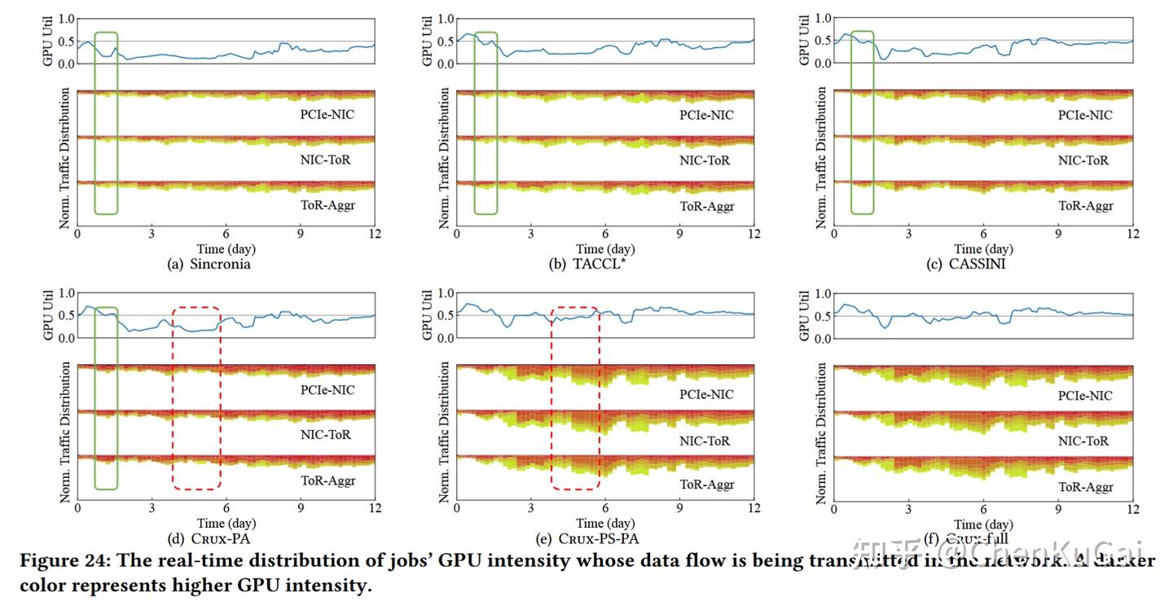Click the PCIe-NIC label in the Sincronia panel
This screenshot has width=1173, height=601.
(327, 115)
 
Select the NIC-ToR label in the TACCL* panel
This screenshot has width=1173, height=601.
(705, 160)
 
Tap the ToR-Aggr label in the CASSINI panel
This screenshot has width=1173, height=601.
(1085, 206)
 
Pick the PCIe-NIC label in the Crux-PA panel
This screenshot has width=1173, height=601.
(327, 390)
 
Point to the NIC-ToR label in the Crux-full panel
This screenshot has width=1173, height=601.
(1083, 441)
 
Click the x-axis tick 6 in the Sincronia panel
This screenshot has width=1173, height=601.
(226, 235)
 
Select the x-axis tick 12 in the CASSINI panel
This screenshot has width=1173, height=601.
(1132, 235)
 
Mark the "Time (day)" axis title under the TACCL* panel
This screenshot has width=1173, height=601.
(605, 249)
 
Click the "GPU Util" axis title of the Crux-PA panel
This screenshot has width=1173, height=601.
(48, 316)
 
